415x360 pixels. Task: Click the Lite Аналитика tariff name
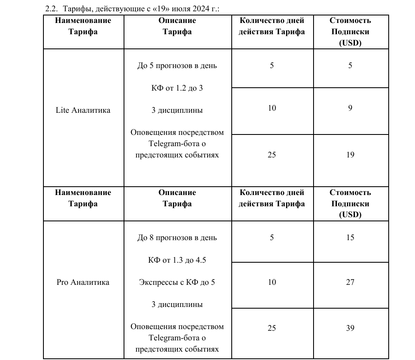click(83, 110)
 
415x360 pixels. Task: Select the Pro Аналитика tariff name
click(83, 282)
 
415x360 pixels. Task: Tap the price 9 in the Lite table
click(350, 108)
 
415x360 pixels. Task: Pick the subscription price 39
click(350, 328)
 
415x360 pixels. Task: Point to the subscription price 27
click(350, 282)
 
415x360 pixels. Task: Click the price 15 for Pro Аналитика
click(350, 238)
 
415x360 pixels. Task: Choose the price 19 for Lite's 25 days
click(350, 155)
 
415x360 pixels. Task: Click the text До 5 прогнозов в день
click(177, 66)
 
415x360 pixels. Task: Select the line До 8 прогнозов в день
click(177, 238)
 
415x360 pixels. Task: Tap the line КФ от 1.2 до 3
click(177, 88)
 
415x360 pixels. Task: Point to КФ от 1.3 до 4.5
click(177, 260)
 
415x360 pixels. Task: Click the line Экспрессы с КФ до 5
click(177, 282)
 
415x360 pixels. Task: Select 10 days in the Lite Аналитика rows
click(272, 108)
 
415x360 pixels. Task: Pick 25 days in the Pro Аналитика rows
click(272, 328)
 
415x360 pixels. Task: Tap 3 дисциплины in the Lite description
click(177, 110)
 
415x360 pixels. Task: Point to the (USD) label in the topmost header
click(350, 43)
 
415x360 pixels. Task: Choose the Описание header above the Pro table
click(177, 193)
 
